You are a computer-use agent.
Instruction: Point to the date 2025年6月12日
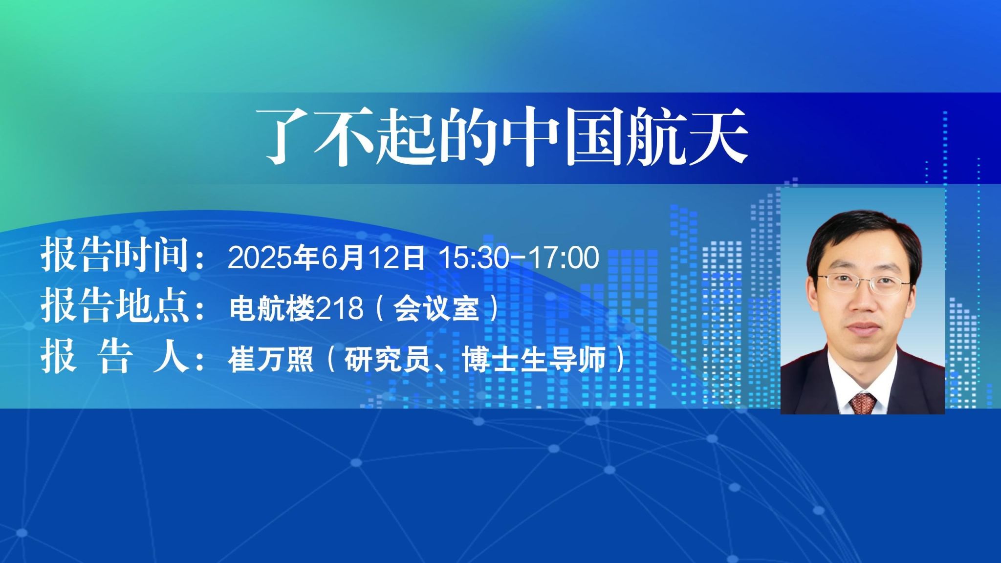coord(326,257)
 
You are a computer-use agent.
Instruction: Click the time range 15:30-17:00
coord(519,258)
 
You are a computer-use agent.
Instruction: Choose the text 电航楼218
coord(296,308)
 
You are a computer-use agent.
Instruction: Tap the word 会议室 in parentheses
coord(436,308)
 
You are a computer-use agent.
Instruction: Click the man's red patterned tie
coord(863,403)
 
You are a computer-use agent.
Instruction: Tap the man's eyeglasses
coord(863,283)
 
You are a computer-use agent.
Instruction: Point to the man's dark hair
coord(863,232)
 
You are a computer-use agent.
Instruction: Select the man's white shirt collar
coord(863,386)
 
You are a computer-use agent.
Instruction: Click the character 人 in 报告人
coord(170,357)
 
